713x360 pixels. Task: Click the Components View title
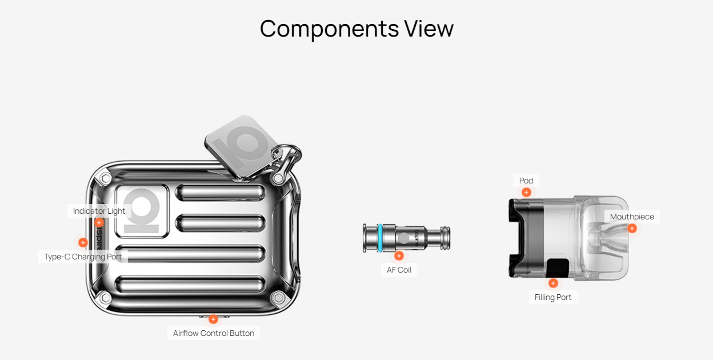(x=356, y=29)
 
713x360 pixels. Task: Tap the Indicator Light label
(x=99, y=211)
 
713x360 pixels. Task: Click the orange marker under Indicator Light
(x=99, y=222)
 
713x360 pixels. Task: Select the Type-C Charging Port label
(x=83, y=257)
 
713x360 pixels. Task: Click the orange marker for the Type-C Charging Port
(x=83, y=242)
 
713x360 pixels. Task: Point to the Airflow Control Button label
(x=214, y=333)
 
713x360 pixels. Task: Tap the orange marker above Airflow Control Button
(x=213, y=319)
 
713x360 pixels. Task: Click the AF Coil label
(x=399, y=270)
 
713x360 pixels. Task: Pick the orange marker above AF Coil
(x=399, y=255)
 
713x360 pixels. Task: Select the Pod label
(x=526, y=181)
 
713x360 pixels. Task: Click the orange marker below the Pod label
(x=526, y=193)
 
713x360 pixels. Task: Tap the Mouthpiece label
(x=632, y=217)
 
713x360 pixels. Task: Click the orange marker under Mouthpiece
(x=632, y=228)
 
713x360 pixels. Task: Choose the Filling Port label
(x=553, y=297)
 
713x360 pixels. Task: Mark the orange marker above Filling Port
(x=553, y=283)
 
